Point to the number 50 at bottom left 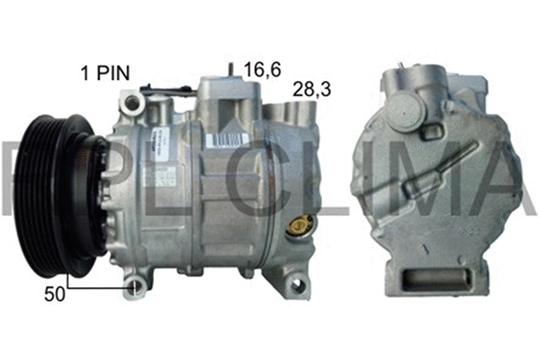coord(55,293)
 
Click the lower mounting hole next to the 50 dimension coord(135,287)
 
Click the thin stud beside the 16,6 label coord(232,70)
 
